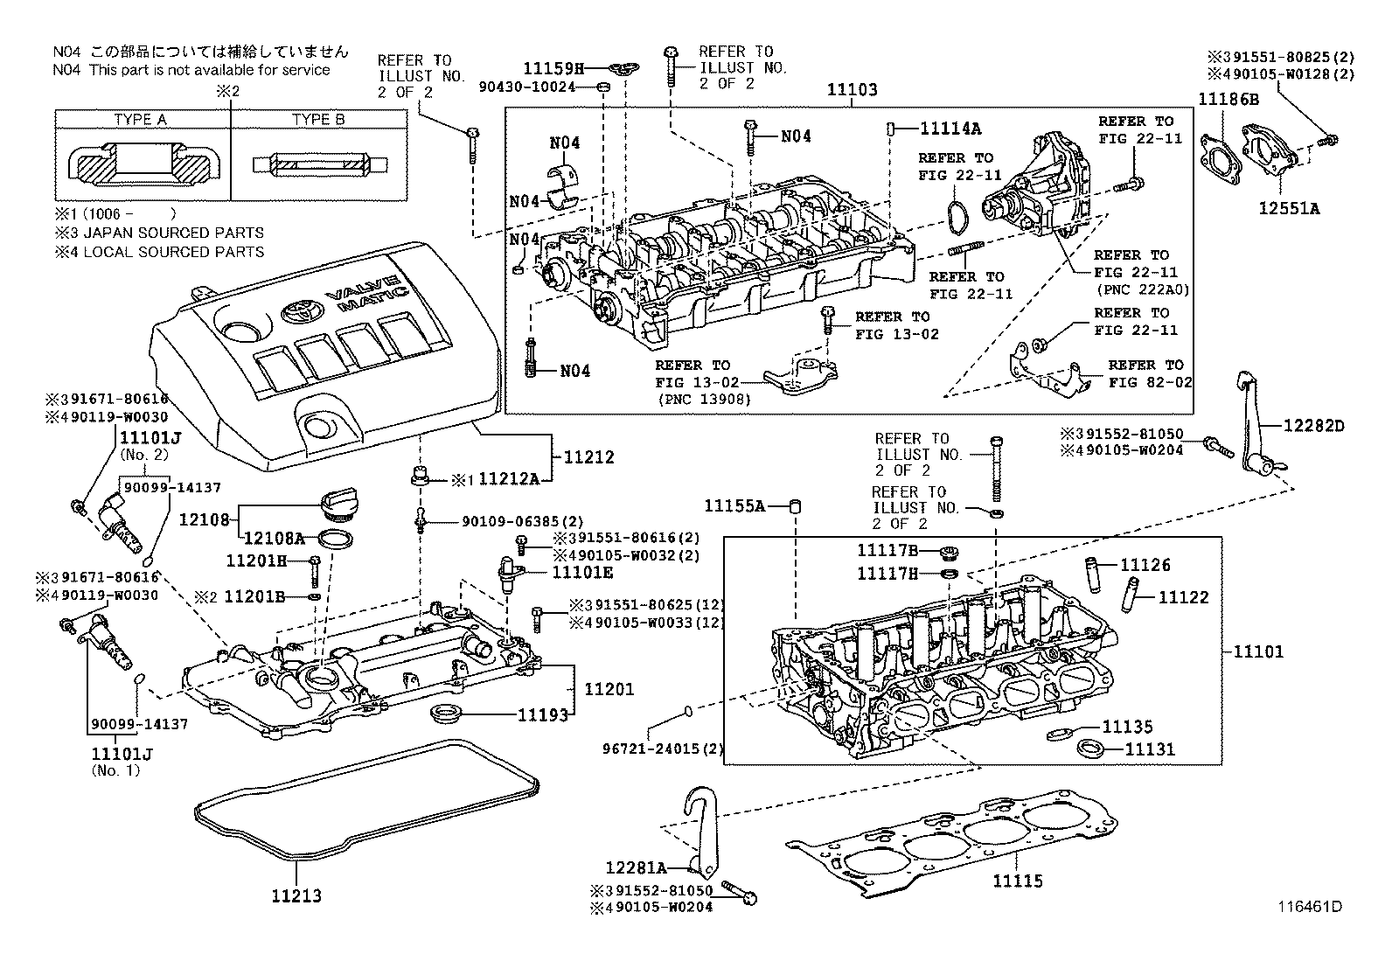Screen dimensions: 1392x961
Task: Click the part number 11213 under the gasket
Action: click(296, 895)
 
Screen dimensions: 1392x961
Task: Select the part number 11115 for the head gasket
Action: click(1018, 881)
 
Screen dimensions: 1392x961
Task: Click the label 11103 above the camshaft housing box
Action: click(852, 89)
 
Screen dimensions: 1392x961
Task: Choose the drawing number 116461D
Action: click(1310, 906)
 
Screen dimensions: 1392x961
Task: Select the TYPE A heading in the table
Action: click(141, 119)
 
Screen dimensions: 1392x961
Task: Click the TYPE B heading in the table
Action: click(318, 119)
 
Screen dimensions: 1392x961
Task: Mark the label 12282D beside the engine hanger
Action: click(1314, 426)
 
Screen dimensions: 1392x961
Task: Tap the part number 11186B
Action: click(1228, 99)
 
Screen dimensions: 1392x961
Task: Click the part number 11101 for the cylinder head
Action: click(1258, 651)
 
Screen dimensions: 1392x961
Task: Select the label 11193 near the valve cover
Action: click(543, 715)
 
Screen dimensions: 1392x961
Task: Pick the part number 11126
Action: click(1145, 565)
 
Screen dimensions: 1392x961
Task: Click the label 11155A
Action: click(734, 506)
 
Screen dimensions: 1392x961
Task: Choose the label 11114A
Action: click(950, 129)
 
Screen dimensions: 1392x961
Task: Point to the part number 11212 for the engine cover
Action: click(588, 457)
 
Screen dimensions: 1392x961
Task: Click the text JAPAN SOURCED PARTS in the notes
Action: click(173, 233)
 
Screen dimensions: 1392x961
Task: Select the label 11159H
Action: click(553, 68)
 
